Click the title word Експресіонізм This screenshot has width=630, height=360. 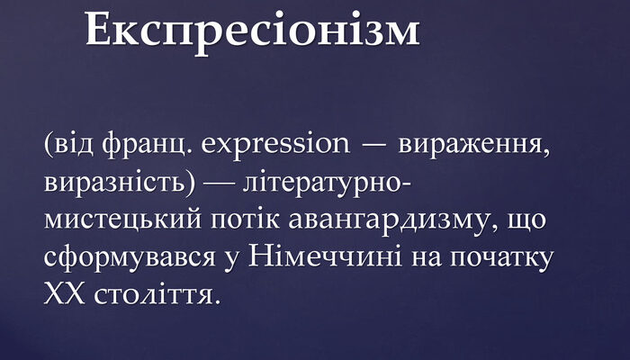(x=253, y=29)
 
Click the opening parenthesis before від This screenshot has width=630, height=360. (x=47, y=144)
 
